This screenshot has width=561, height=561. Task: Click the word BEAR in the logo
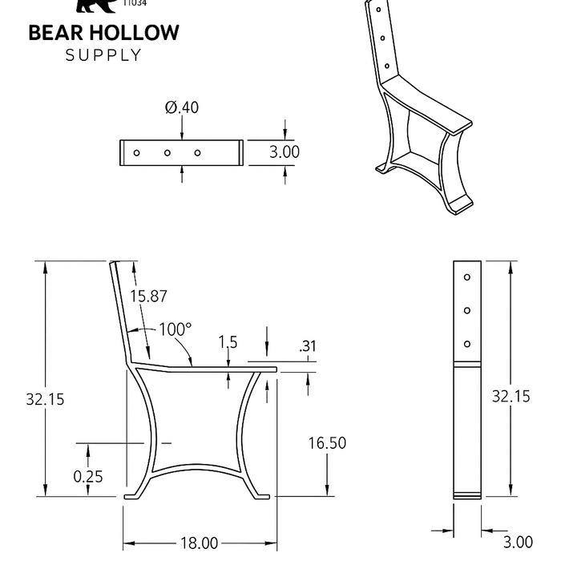[56, 33]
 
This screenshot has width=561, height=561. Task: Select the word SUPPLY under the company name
[103, 55]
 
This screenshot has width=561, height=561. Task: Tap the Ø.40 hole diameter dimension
[182, 107]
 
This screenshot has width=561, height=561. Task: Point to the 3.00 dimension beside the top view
[285, 151]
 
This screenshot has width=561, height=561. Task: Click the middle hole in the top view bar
[167, 152]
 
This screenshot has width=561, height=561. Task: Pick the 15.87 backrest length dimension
[149, 296]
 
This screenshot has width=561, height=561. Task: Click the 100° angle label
[175, 329]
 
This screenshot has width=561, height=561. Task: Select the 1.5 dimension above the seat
[228, 342]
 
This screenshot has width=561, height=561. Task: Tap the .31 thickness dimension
[307, 346]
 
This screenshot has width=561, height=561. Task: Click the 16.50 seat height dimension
[327, 442]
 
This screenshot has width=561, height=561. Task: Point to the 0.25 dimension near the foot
[88, 476]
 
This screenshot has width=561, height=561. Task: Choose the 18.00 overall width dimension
[199, 543]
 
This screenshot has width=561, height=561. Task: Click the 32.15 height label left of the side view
[44, 398]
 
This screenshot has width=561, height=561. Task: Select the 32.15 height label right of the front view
[511, 396]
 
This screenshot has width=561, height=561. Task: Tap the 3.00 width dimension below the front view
[518, 543]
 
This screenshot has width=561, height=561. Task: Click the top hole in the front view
[466, 277]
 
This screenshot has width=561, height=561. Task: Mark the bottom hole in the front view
[466, 345]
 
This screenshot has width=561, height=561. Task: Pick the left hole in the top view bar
[137, 152]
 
